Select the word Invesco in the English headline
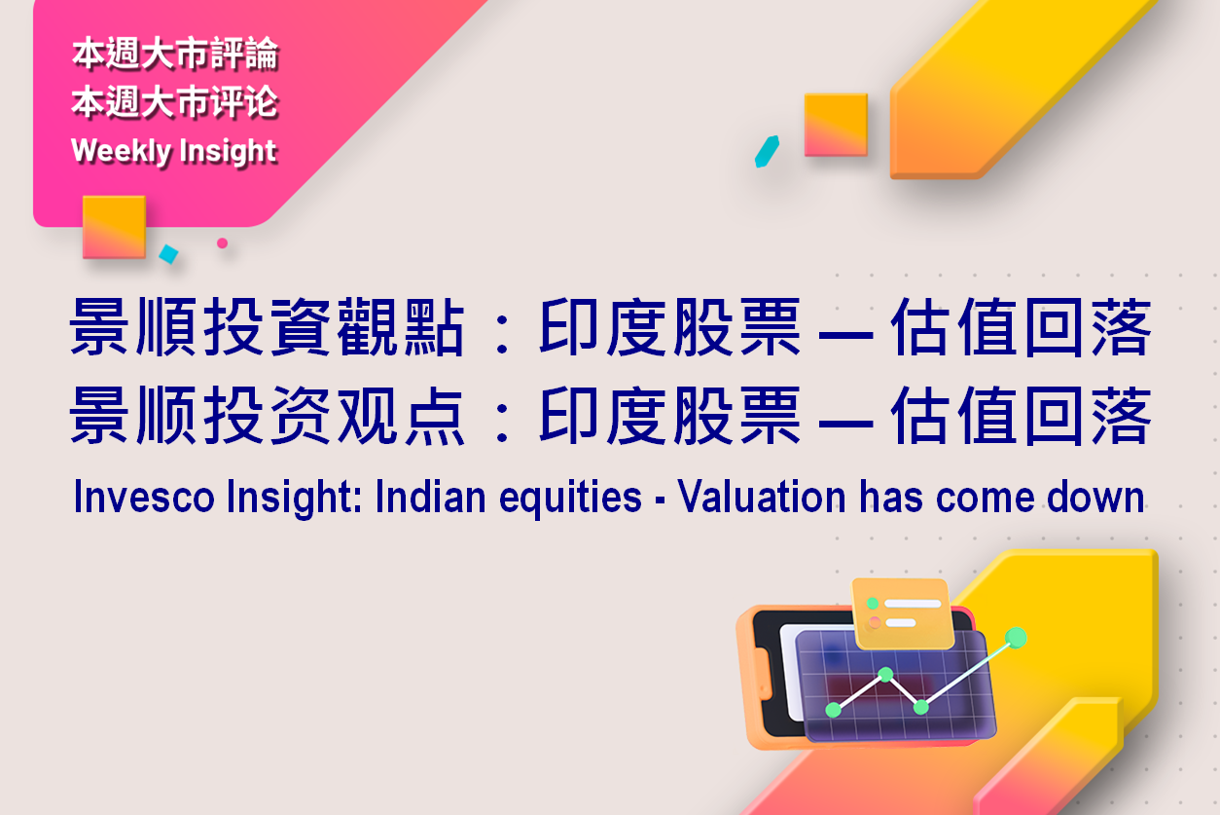144,497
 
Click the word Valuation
762,497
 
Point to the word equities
570,498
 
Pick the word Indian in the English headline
430,497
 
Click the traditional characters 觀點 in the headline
401,327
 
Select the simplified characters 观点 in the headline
401,416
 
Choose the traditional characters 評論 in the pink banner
244,54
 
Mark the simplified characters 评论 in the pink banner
244,102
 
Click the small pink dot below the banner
222,243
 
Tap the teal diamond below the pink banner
169,254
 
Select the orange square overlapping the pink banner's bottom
115,227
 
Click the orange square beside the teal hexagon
836,125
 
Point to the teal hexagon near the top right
767,152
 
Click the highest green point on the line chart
1016,638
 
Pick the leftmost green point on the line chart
834,710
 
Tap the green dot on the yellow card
873,604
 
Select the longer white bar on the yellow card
913,604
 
